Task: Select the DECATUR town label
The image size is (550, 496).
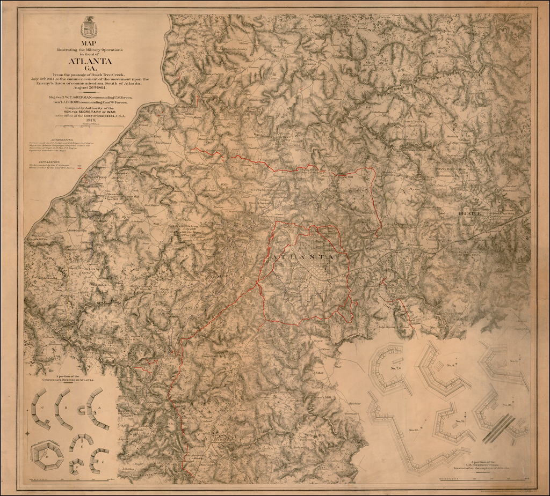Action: point(471,214)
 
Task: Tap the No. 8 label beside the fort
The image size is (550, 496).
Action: point(448,365)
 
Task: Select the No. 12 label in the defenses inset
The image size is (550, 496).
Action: point(413,430)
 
